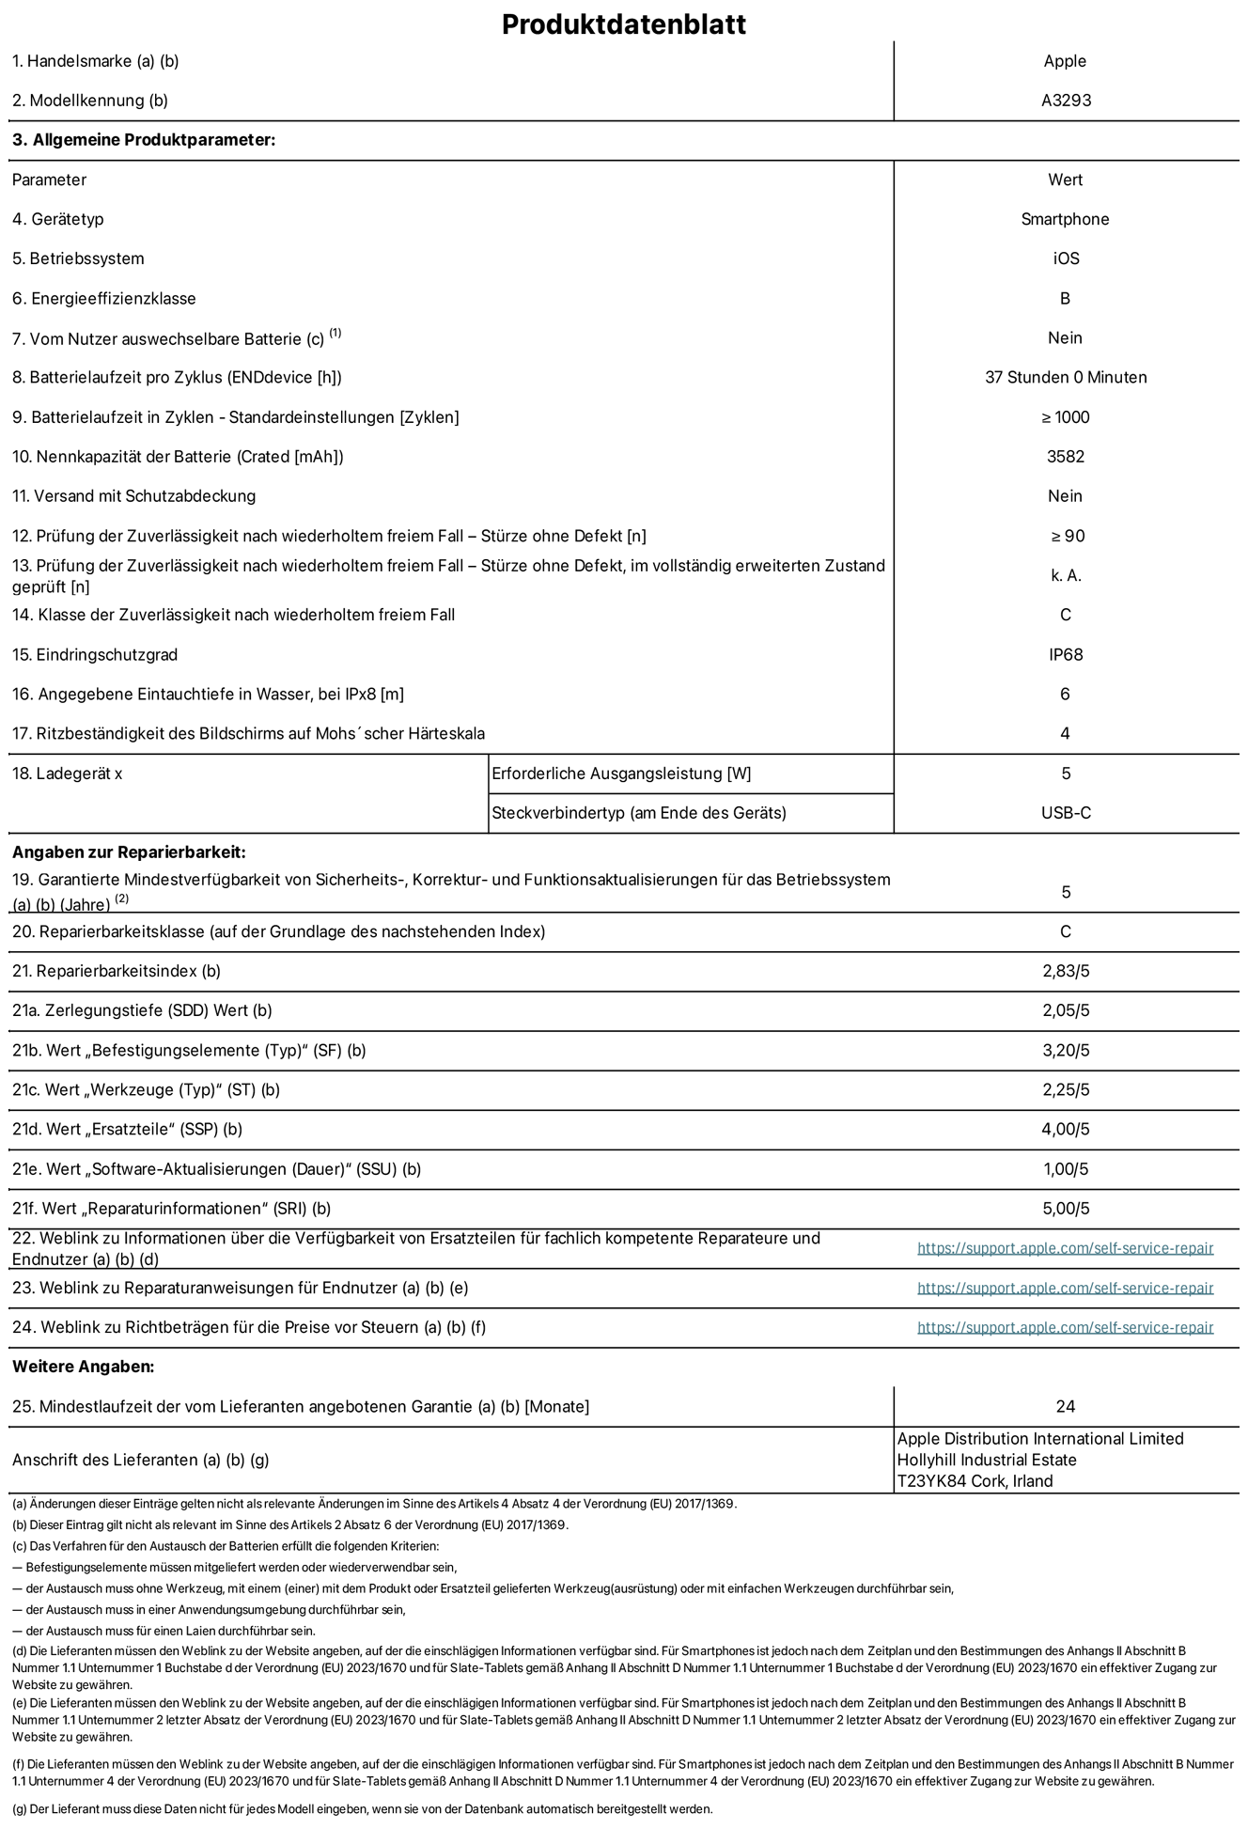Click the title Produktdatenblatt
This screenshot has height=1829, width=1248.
[x=623, y=24]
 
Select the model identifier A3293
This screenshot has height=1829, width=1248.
[x=1066, y=101]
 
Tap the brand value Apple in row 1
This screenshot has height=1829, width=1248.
[x=1065, y=61]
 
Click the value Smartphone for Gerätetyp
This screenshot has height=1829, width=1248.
[x=1065, y=219]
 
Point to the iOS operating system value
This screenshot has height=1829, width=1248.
[x=1066, y=258]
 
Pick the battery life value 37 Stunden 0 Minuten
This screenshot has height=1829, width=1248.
[x=1065, y=377]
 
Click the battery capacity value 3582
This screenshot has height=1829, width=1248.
[x=1065, y=457]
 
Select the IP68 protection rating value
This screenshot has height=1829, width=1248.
[x=1066, y=654]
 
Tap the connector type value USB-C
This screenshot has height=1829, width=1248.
[x=1066, y=813]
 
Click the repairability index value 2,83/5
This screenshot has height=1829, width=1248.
[x=1066, y=971]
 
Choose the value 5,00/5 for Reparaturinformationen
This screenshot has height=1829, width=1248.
[x=1066, y=1209]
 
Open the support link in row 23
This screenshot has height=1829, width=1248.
[x=1065, y=1288]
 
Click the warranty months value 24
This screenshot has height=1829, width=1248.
[x=1065, y=1406]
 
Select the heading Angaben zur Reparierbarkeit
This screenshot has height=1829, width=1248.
[x=129, y=852]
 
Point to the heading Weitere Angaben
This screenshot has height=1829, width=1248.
[x=83, y=1367]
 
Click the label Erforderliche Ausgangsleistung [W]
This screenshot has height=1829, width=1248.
[x=621, y=774]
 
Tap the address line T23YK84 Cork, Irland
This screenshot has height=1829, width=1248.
[x=975, y=1481]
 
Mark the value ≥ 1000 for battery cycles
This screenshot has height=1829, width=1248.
[x=1065, y=417]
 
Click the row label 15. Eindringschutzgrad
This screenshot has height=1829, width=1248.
[x=95, y=654]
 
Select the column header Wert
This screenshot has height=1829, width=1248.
[x=1065, y=180]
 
